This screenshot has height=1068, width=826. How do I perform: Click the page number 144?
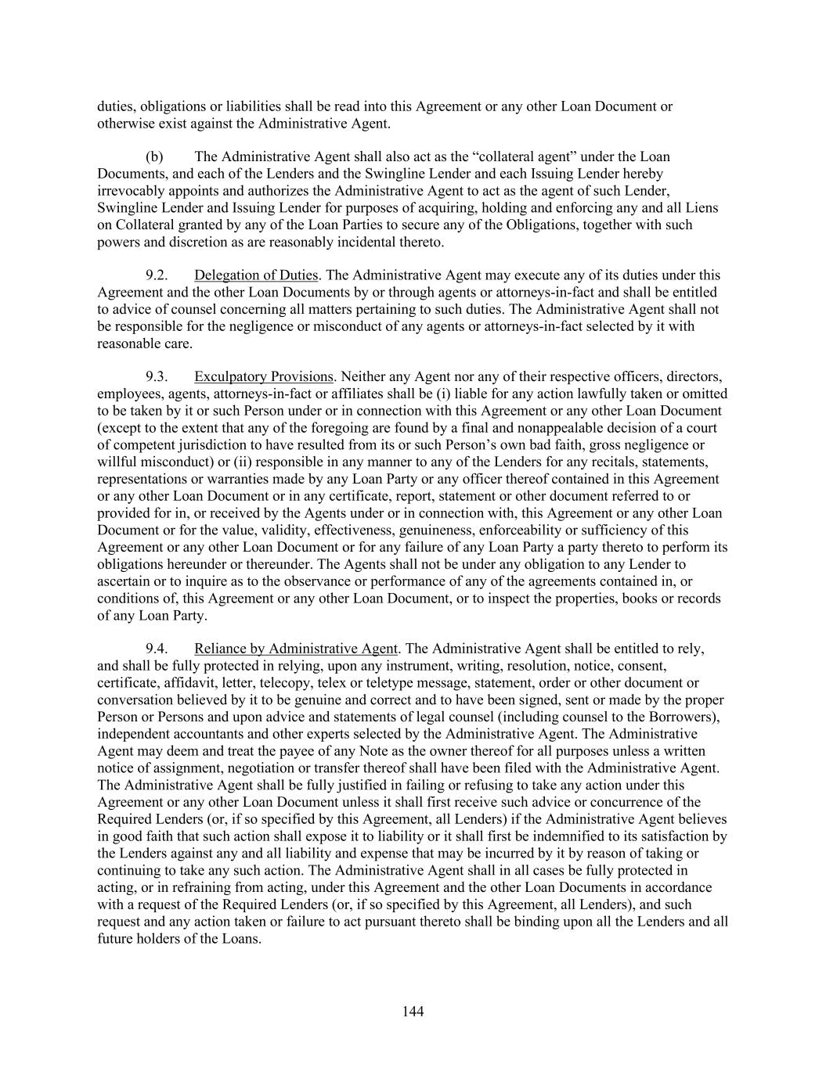[413, 1012]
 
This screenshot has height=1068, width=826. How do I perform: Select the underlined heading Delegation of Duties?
[256, 275]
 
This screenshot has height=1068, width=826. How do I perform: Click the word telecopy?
[280, 683]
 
